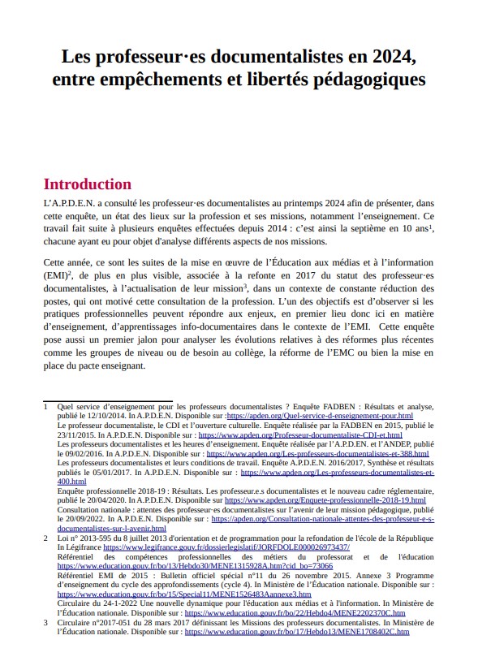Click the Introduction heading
coord(87,184)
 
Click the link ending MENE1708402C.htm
coord(296,631)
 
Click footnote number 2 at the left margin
coord(45,538)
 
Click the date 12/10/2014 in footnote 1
coord(116,415)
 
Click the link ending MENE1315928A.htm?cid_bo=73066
coord(195,566)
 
